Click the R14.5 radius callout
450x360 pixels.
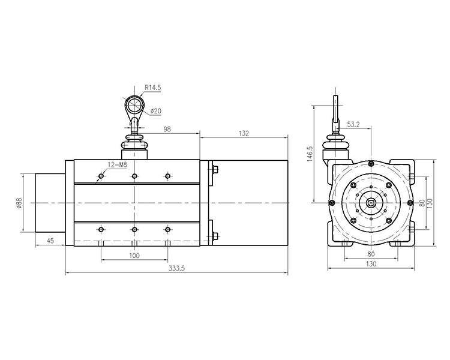click(x=152, y=88)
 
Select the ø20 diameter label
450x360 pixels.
click(x=155, y=111)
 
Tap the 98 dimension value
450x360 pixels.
click(x=167, y=129)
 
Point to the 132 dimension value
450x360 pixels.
click(x=244, y=133)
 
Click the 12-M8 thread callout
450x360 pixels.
click(x=117, y=165)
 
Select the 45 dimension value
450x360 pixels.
click(x=50, y=241)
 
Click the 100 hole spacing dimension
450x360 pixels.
click(x=134, y=255)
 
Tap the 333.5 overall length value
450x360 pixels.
click(x=177, y=268)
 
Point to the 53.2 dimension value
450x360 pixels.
click(x=353, y=124)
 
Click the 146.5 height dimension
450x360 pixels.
click(x=310, y=154)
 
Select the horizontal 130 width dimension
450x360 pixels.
click(x=371, y=263)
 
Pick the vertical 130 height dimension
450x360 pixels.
click(x=430, y=203)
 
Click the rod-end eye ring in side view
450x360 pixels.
click(x=134, y=104)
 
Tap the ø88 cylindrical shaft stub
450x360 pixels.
click(x=50, y=203)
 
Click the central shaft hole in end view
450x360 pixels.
click(x=371, y=203)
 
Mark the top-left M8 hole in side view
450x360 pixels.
click(x=101, y=176)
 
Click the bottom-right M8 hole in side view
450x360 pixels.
click(x=167, y=229)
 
